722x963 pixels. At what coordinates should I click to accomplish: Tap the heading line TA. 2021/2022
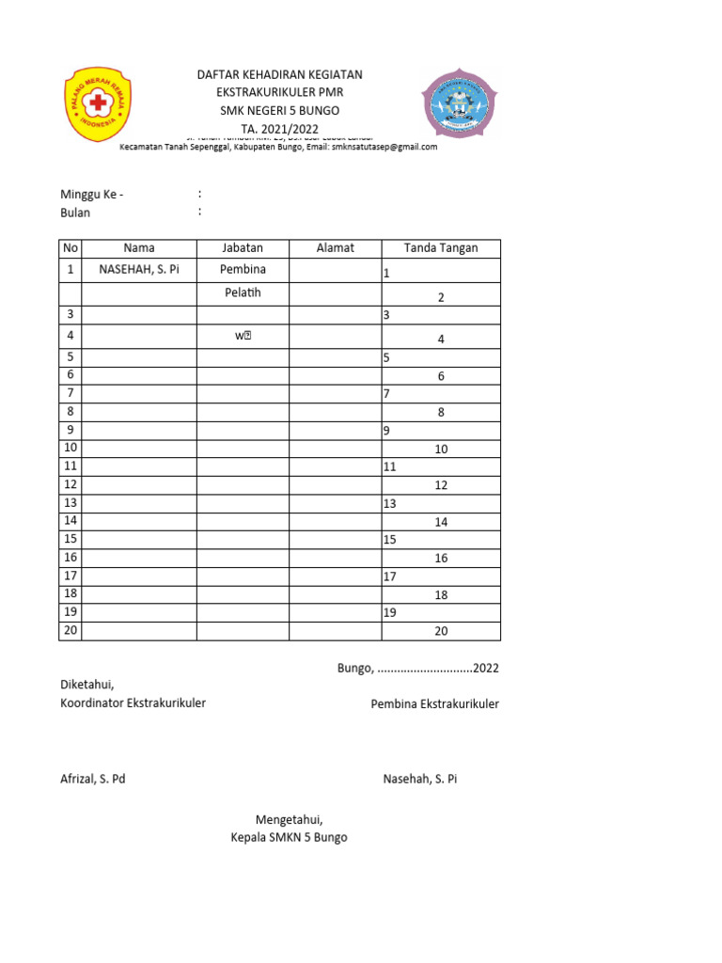279,129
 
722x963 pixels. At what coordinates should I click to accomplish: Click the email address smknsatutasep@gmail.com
385,147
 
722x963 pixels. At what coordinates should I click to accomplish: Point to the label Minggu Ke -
91,195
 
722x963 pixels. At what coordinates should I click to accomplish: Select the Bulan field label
75,213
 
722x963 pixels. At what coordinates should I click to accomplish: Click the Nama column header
139,248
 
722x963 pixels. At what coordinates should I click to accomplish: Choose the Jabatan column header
243,248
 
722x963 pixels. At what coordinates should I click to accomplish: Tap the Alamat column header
335,248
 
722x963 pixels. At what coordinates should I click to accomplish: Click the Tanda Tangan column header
440,248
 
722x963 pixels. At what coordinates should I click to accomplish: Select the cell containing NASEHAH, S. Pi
139,271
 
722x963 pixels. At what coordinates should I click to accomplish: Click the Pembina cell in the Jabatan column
243,270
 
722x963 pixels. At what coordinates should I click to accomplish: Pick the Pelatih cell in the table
243,293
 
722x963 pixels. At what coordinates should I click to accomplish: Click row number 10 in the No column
71,448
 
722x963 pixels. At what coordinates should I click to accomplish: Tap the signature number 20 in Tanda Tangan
441,632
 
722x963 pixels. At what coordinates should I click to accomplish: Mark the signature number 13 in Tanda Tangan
390,504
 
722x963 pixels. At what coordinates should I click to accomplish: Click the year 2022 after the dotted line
486,669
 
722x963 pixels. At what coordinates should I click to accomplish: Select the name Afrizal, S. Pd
93,780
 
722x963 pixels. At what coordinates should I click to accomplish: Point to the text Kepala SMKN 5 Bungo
289,837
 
